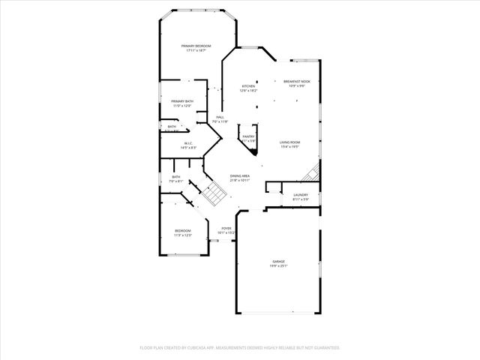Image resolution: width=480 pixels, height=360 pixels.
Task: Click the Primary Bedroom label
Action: (196, 46)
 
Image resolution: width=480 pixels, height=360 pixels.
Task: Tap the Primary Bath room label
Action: (181, 101)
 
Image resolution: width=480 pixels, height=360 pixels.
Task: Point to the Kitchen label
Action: (248, 86)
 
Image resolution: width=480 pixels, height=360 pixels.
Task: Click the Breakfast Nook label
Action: (297, 81)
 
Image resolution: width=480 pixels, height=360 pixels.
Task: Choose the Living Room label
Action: (290, 142)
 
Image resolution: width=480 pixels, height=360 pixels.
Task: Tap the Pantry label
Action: (248, 136)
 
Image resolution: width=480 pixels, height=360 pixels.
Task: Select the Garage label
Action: (278, 261)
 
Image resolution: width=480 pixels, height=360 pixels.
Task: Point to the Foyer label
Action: (226, 228)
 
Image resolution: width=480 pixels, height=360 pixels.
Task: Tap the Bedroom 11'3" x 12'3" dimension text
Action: (183, 235)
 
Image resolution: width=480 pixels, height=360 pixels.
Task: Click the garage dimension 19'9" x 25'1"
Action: (278, 265)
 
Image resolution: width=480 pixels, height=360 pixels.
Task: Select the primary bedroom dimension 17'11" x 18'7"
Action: (196, 51)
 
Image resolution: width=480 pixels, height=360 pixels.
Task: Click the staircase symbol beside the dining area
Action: (214, 194)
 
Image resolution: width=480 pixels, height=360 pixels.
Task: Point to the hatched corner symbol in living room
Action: (310, 174)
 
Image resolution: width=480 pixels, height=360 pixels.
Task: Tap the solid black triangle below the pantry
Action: (255, 151)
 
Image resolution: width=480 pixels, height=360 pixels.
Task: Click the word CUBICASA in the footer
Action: (198, 347)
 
